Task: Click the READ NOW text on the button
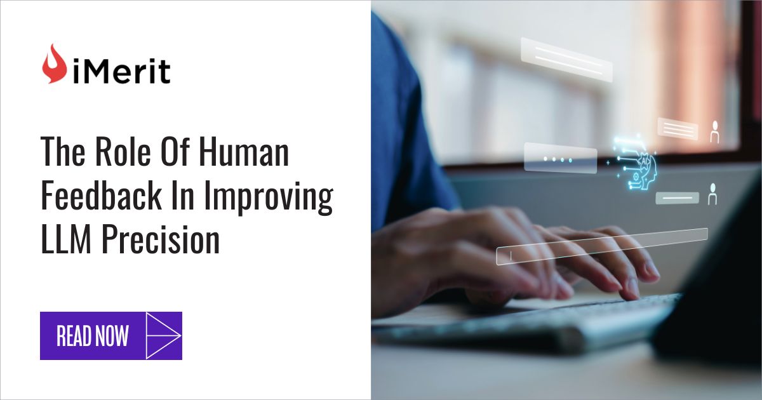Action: (x=93, y=336)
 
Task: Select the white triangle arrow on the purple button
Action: (x=163, y=335)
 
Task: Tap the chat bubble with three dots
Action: (x=560, y=158)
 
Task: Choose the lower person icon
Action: (x=712, y=194)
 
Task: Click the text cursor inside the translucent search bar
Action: (x=511, y=256)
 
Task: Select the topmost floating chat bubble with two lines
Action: (x=566, y=60)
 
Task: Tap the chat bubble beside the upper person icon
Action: (x=678, y=129)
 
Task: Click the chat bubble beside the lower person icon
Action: (x=677, y=198)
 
